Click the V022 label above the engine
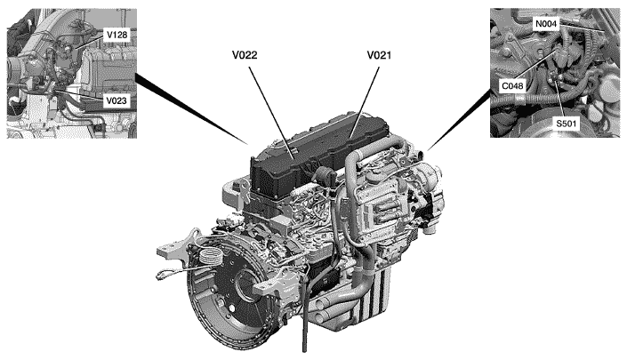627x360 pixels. coord(245,55)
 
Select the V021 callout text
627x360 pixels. coord(379,55)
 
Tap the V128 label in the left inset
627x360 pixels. coord(117,36)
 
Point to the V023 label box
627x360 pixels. coord(117,100)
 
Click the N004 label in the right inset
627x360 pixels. coord(546,24)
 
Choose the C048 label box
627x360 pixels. coord(512,85)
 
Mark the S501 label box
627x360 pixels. coord(567,124)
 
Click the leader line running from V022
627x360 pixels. coord(272,113)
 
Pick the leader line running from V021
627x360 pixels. coord(364,103)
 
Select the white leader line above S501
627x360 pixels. coord(559,99)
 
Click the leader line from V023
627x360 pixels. coord(79,95)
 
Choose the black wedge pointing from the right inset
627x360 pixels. coord(459,120)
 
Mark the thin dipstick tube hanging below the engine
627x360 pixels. coord(305,316)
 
